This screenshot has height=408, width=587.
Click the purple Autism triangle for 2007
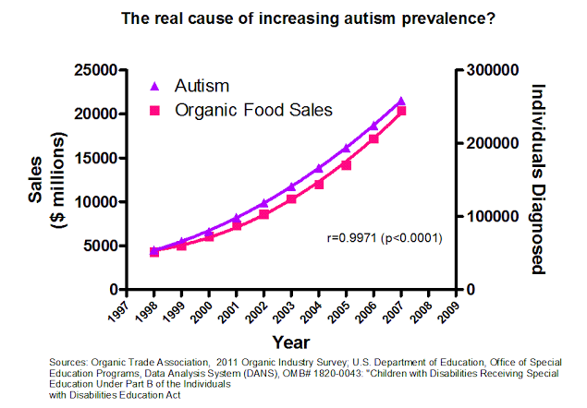tap(400, 102)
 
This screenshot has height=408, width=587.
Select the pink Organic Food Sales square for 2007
tap(400, 112)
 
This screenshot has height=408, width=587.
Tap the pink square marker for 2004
tap(319, 184)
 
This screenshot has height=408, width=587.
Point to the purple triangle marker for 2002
tap(264, 202)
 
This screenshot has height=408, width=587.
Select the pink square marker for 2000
tap(210, 236)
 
